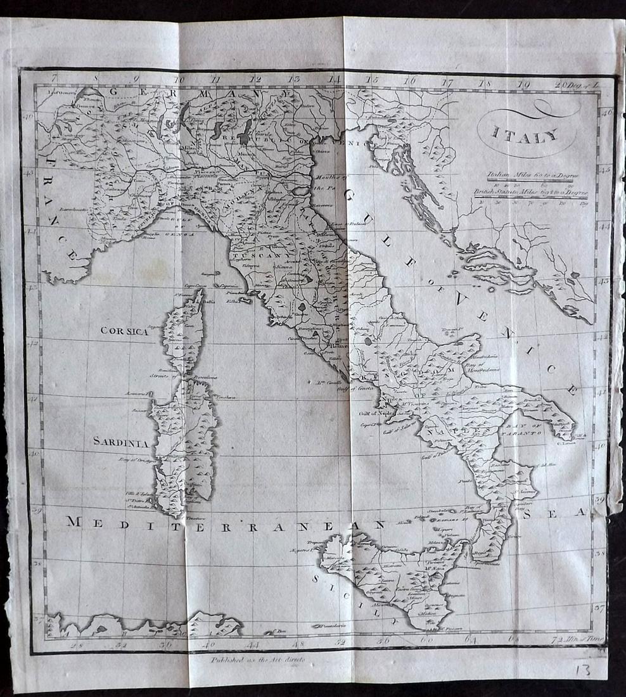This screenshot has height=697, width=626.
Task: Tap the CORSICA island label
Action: click(x=124, y=331)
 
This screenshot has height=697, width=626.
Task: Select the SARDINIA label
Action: click(x=121, y=442)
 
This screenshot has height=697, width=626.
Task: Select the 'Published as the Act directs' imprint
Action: click(x=259, y=660)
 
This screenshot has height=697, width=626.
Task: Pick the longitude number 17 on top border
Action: click(x=447, y=82)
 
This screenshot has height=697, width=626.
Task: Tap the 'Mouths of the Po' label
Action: click(x=328, y=182)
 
